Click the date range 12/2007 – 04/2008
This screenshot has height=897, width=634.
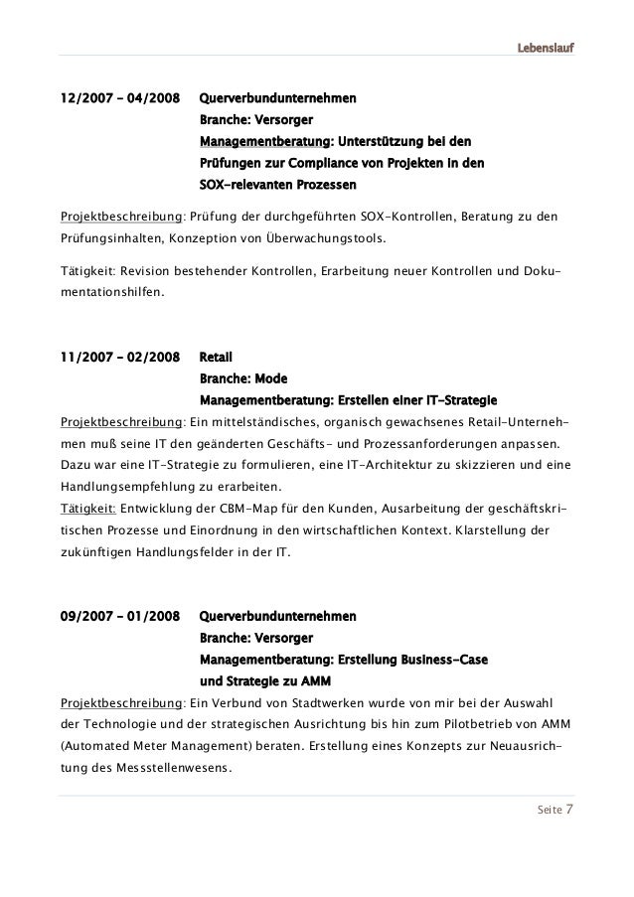[x=120, y=99]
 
